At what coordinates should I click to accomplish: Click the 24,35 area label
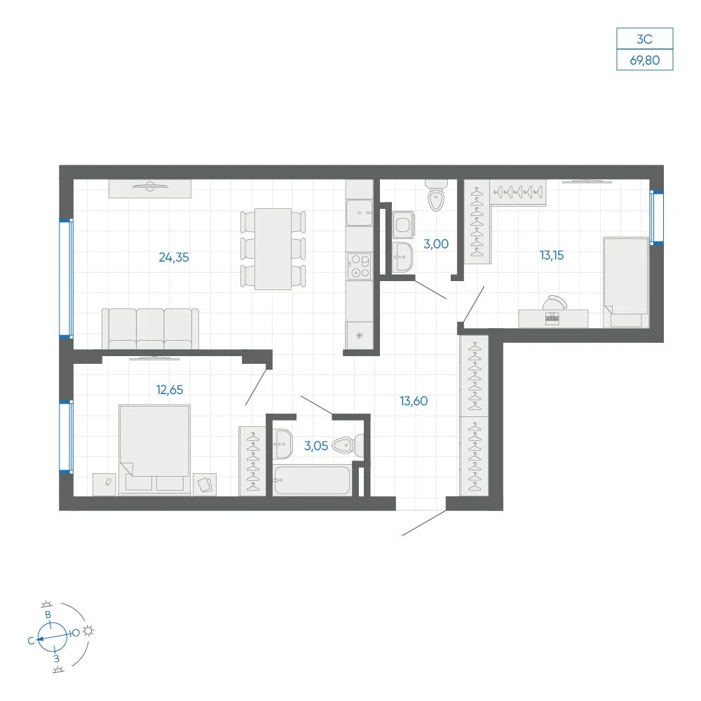(174, 257)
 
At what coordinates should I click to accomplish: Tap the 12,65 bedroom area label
(170, 390)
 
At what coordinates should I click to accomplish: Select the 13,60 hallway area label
(414, 401)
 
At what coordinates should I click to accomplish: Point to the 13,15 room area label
(552, 255)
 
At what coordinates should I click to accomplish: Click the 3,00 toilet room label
(436, 244)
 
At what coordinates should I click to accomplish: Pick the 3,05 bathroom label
(316, 446)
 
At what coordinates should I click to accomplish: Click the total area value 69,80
(645, 60)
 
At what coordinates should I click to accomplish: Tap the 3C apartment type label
(645, 39)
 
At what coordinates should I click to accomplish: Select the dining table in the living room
(273, 249)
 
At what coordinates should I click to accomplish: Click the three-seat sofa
(150, 329)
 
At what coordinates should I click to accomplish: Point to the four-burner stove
(360, 266)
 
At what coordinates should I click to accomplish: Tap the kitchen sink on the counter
(360, 212)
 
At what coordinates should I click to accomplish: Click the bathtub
(312, 481)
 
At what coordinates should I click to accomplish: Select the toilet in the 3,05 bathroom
(348, 446)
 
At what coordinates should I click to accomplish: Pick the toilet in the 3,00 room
(436, 196)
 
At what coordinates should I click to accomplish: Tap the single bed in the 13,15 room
(626, 282)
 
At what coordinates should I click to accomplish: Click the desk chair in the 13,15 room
(554, 303)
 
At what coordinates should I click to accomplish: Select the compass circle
(53, 637)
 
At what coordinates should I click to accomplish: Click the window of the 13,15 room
(656, 217)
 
